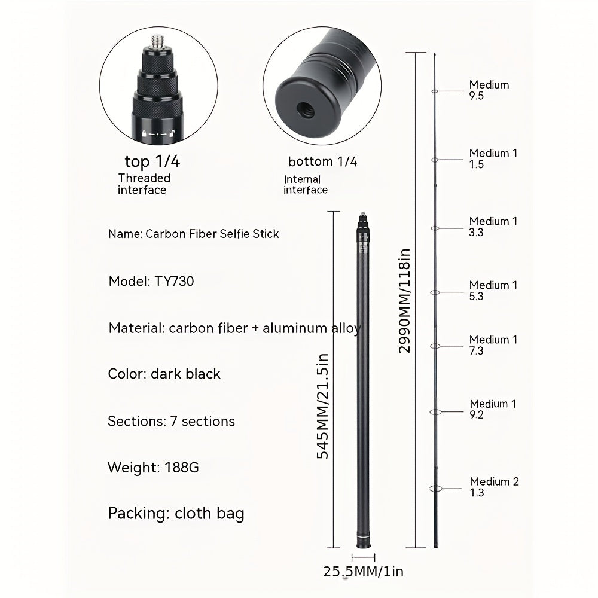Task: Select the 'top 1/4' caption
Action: (152, 161)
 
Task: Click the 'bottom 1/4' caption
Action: (322, 161)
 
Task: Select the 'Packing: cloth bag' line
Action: (176, 513)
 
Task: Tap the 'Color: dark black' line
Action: (164, 374)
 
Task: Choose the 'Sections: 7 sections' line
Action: (171, 421)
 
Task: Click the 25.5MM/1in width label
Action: (364, 572)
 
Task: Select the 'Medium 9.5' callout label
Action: (489, 90)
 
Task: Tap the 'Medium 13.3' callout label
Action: (493, 227)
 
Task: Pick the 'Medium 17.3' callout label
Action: (493, 345)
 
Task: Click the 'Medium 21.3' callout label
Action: (494, 487)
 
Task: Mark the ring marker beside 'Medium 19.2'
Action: (435, 412)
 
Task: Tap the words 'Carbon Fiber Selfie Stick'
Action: (212, 234)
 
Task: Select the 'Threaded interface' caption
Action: (144, 184)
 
